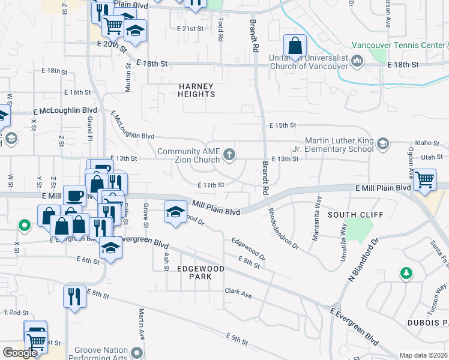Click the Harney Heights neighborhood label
196,90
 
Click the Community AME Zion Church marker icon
229,155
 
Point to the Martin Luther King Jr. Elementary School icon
383,144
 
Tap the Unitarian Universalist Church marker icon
358,61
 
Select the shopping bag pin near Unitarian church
295,45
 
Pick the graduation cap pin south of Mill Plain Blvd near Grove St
175,212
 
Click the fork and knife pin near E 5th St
74,296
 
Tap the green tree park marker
406,274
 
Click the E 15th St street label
283,125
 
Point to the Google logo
20,353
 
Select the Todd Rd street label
221,28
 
